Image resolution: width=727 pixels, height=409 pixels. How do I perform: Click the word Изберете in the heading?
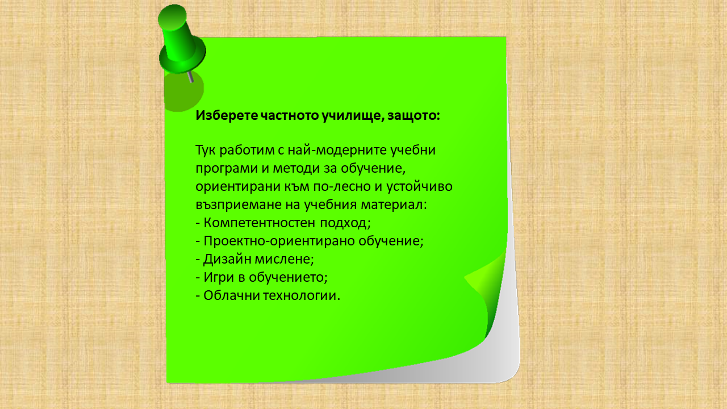pos(227,115)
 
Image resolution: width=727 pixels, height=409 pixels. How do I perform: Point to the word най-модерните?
pos(337,151)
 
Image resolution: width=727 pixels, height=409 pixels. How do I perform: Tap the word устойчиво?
pos(419,186)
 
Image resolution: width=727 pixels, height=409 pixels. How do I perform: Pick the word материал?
pos(392,205)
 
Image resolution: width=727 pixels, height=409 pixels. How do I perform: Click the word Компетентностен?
pos(259,223)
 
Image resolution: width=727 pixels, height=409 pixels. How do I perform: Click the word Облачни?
pos(231,295)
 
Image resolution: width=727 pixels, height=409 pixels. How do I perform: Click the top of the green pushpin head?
pos(172,17)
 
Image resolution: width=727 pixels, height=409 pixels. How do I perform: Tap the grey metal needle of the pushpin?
pos(191,77)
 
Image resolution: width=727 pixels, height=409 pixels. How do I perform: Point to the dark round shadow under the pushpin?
pos(183,93)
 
